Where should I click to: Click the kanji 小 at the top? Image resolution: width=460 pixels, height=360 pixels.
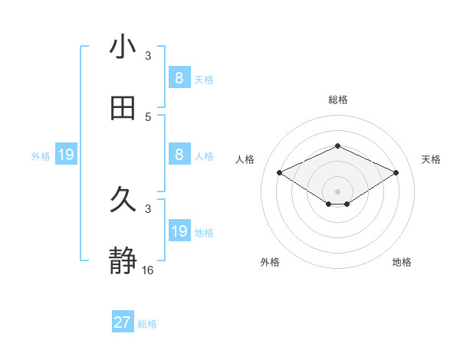coord(123,47)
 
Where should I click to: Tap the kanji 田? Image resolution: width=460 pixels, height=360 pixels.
coord(123,108)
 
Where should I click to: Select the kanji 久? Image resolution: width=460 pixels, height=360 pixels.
coord(123,200)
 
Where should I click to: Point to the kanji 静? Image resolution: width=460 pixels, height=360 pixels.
coord(123,261)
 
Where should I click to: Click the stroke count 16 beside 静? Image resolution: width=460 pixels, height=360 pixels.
coord(148,270)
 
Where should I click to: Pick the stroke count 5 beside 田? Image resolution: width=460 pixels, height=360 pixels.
coord(148,116)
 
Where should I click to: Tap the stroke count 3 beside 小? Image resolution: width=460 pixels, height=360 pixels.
coord(148,55)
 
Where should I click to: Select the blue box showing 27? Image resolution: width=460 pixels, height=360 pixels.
coord(123,322)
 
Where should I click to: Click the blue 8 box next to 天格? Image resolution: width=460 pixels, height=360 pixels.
coord(179,77)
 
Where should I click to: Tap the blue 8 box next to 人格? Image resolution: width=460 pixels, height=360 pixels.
coord(179,155)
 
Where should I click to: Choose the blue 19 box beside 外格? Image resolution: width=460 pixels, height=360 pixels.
coord(66,155)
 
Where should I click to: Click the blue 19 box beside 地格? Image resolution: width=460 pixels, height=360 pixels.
coord(179,231)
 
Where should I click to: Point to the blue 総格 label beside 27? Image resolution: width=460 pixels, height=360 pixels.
coord(147,323)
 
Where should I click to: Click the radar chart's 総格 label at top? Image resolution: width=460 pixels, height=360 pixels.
coord(337,100)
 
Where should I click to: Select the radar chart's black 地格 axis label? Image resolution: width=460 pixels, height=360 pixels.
coord(402,262)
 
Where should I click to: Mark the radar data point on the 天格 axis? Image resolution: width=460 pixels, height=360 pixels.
coord(396,173)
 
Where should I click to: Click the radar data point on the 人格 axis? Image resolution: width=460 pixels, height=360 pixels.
coord(279,173)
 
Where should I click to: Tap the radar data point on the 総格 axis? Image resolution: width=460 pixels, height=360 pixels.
coord(337,146)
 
